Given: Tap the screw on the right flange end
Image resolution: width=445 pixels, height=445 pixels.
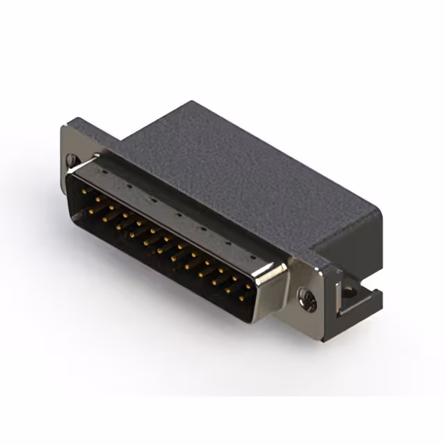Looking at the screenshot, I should click(x=306, y=300).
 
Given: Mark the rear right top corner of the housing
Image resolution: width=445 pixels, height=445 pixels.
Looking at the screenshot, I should click(x=381, y=208).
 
